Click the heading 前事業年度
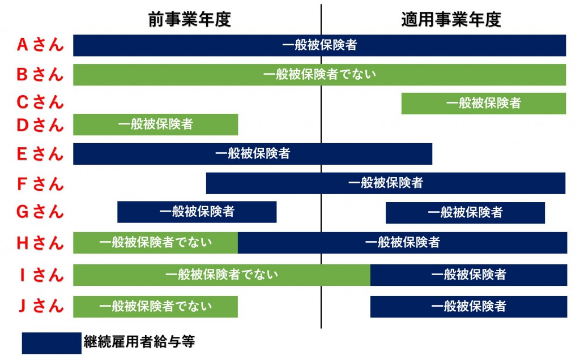click(x=190, y=19)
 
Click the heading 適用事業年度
click(x=451, y=19)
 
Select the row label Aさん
click(x=40, y=45)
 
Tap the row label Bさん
click(x=40, y=74)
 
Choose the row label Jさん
click(x=40, y=306)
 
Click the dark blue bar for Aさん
click(x=319, y=45)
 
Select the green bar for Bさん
click(x=319, y=75)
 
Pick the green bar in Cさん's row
click(x=484, y=104)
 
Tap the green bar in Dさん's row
click(x=155, y=125)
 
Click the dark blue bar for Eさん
click(x=253, y=154)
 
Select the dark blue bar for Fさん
click(x=386, y=183)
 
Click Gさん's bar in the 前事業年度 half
click(x=197, y=212)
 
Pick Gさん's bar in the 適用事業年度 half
click(x=466, y=212)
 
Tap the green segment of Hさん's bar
click(x=155, y=242)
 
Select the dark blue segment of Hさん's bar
click(x=403, y=242)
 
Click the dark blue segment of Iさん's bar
click(x=468, y=275)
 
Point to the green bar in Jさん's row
click(x=155, y=306)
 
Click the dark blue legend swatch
click(x=52, y=343)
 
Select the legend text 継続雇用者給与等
click(x=139, y=341)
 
